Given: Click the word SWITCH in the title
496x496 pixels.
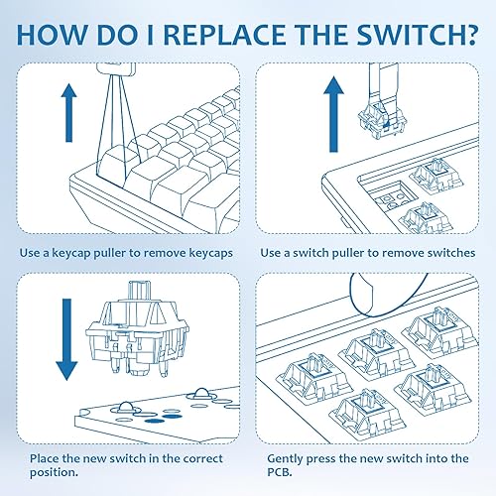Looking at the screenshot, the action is click(x=404, y=34).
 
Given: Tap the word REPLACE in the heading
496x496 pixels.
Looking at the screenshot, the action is click(x=224, y=34).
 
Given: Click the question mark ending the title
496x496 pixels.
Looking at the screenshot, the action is click(x=466, y=34).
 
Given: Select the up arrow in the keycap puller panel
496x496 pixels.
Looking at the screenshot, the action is click(x=68, y=113).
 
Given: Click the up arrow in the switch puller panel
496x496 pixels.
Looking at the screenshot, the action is click(x=333, y=114).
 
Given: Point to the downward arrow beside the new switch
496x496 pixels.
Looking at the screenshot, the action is click(x=66, y=339).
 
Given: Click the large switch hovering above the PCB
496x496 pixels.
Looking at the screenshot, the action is click(x=137, y=329).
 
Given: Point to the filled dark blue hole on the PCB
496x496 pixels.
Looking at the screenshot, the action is click(x=155, y=421).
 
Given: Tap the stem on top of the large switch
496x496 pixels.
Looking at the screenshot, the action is click(x=140, y=291).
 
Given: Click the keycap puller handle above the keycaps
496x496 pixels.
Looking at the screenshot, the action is click(x=116, y=69).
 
